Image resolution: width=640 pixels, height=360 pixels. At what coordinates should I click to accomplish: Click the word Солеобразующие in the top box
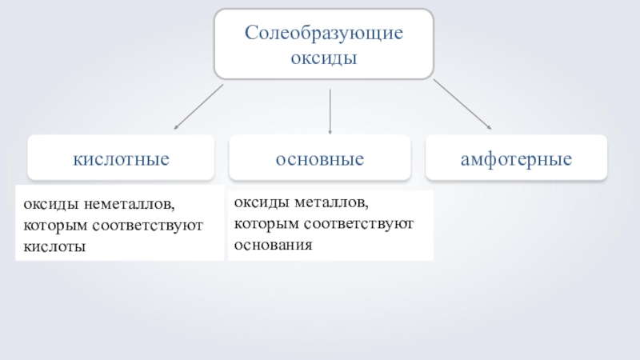[x=323, y=34]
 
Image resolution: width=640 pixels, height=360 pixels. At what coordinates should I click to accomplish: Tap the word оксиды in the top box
[x=323, y=58]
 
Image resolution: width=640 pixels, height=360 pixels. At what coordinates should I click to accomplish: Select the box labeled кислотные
[x=121, y=158]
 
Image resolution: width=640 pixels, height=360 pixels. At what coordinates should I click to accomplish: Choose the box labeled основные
[x=320, y=158]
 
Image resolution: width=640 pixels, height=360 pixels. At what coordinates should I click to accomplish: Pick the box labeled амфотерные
[x=516, y=158]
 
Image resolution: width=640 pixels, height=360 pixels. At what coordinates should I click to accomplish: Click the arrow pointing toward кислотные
[x=199, y=106]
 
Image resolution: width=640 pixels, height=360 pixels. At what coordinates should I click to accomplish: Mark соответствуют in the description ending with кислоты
[x=147, y=226]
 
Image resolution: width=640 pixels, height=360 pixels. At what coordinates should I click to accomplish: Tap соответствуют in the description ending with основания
[x=357, y=223]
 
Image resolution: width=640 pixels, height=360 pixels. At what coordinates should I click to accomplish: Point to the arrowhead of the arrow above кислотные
[x=177, y=127]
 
